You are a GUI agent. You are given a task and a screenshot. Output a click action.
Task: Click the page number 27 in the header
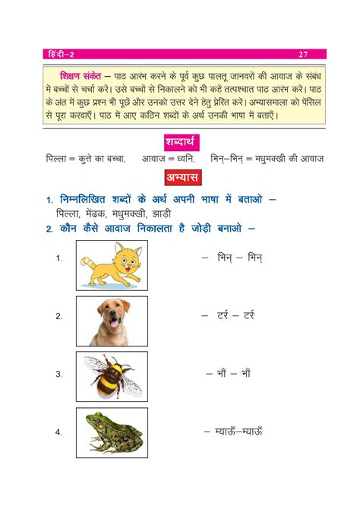pyautogui.click(x=303, y=55)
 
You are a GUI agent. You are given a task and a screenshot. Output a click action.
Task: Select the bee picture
pyautogui.click(x=112, y=375)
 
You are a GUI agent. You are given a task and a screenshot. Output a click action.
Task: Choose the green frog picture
pyautogui.click(x=112, y=432)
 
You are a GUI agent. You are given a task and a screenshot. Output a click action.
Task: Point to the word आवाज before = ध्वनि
pyautogui.click(x=157, y=159)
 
